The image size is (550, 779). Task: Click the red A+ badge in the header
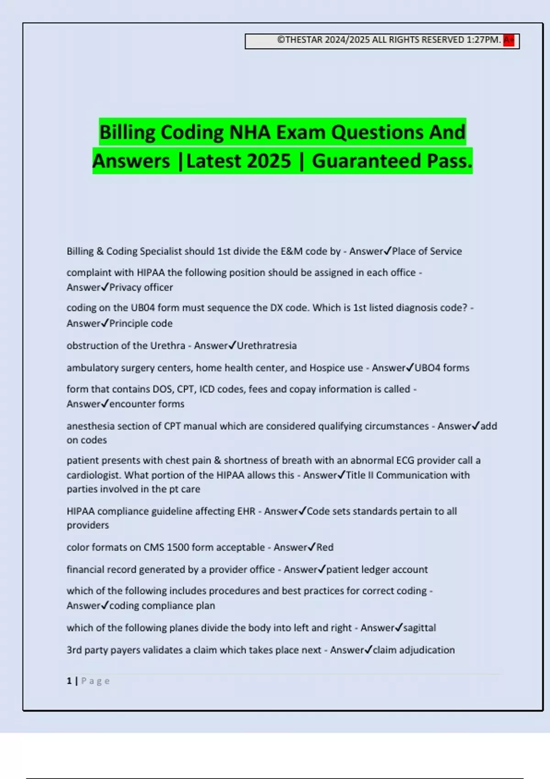click(x=508, y=40)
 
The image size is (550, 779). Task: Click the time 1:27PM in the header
click(x=484, y=40)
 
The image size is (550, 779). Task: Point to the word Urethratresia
click(x=267, y=346)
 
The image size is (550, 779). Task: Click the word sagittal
click(x=419, y=628)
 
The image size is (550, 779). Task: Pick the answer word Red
click(x=325, y=547)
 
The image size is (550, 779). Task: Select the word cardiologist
click(x=94, y=475)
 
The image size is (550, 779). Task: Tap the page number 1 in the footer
click(x=69, y=681)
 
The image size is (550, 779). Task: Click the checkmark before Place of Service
click(x=387, y=251)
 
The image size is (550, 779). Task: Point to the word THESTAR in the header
click(x=304, y=40)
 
